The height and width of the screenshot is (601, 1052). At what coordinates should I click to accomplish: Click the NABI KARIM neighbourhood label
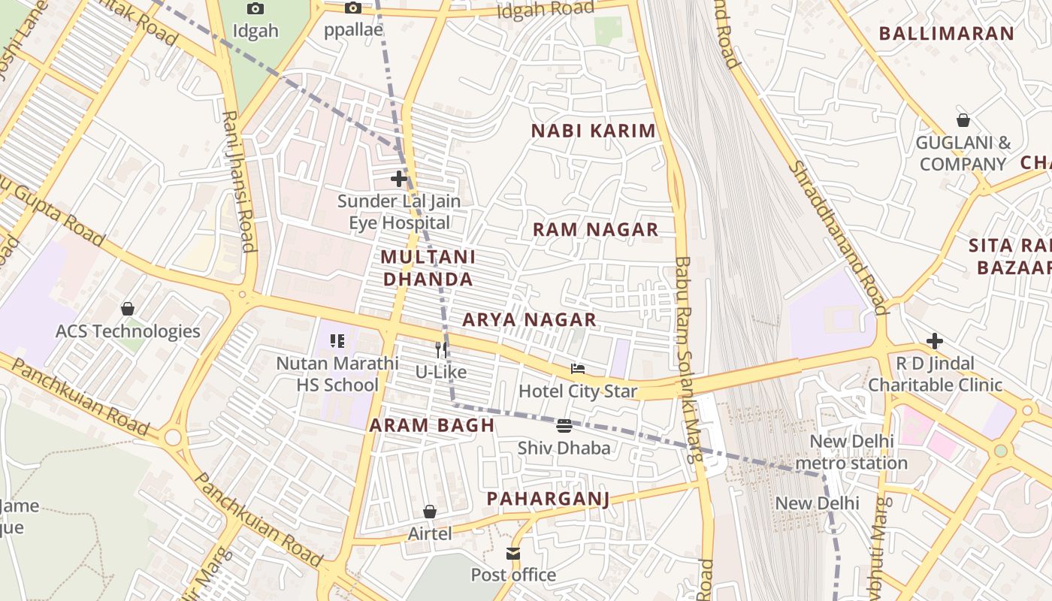tap(594, 131)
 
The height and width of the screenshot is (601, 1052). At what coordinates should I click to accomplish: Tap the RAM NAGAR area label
tap(595, 230)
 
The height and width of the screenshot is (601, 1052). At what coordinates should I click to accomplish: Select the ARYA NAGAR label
tap(529, 320)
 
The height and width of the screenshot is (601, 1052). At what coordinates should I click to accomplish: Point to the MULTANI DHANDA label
tap(428, 268)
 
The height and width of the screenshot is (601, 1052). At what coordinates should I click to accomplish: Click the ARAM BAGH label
tap(432, 425)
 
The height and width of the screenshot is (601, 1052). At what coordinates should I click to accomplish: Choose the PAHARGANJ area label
tap(548, 499)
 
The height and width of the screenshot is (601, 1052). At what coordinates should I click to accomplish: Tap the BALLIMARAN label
tap(946, 34)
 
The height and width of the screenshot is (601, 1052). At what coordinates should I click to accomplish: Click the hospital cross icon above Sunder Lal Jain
tap(399, 179)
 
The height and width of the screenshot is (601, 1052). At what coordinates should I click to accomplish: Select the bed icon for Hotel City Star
tap(577, 369)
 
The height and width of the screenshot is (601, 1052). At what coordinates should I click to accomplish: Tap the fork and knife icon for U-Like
tap(442, 349)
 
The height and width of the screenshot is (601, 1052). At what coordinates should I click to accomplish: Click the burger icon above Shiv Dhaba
tap(564, 426)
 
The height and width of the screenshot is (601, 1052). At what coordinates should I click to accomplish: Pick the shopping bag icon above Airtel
tap(430, 512)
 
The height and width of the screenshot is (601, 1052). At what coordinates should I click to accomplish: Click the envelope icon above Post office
tap(513, 554)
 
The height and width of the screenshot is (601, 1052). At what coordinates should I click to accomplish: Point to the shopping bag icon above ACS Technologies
tap(128, 309)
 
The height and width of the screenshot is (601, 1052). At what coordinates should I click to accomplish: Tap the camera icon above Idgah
tap(255, 9)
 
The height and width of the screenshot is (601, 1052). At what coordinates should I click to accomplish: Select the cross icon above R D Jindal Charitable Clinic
tap(935, 341)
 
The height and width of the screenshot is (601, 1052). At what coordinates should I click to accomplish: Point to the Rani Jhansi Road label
tap(238, 181)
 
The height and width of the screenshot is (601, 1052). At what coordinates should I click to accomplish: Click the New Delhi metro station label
tap(851, 452)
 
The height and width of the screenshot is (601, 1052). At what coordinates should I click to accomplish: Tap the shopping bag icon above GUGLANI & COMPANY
tap(963, 120)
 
